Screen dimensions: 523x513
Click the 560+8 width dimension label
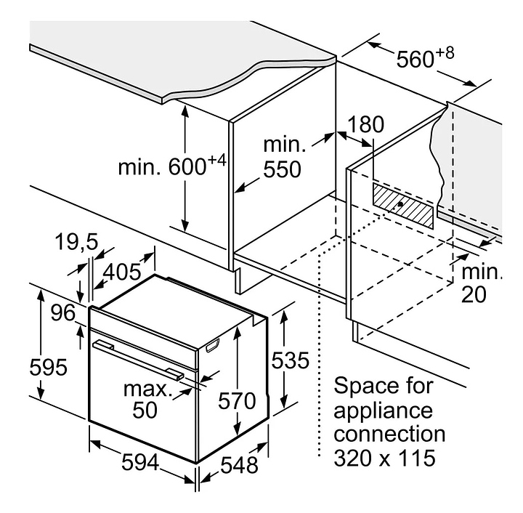click(x=425, y=57)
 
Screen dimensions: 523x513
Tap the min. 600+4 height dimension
click(x=172, y=165)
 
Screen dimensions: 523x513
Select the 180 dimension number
click(x=365, y=124)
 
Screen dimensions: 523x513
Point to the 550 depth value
click(x=282, y=169)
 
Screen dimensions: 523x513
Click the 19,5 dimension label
click(x=77, y=242)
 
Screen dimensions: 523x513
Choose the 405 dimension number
click(x=122, y=272)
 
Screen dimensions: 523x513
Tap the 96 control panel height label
click(x=63, y=313)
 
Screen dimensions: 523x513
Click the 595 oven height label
click(x=49, y=367)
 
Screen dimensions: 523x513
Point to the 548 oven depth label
click(x=239, y=464)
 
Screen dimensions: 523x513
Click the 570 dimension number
click(x=237, y=400)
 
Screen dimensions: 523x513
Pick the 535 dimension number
click(x=290, y=360)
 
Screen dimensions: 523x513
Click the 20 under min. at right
click(x=474, y=294)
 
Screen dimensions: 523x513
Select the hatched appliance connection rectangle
click(x=403, y=206)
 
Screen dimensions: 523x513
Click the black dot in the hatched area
click(x=400, y=204)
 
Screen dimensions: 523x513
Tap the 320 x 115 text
click(x=384, y=458)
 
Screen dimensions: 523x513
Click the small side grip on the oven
click(x=213, y=345)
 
